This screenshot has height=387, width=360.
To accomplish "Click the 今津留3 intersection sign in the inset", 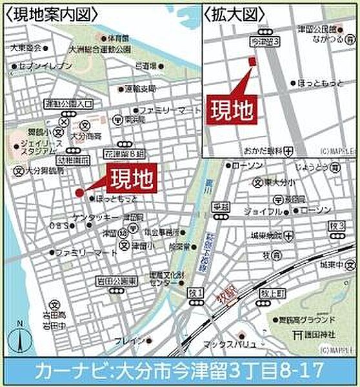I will pyautogui.click(x=265, y=41).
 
